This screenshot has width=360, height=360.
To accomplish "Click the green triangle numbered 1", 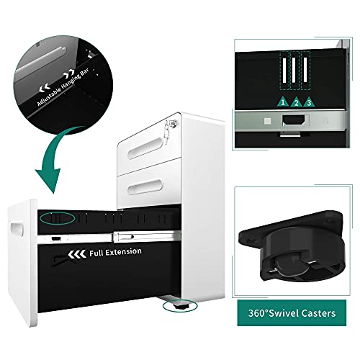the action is coord(283,102).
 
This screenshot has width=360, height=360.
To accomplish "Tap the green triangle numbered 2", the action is coord(296,102).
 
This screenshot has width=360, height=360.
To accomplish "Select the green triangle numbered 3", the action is coord(309,102).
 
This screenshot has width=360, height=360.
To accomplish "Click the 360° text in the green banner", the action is coord(258,313).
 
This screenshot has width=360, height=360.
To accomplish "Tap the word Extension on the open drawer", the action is coord(124,252).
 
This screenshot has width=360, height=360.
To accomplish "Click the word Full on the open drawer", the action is coord(96,253).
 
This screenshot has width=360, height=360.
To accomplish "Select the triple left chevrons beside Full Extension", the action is coord(77,254).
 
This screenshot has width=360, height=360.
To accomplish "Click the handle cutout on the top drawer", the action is coord(145,146).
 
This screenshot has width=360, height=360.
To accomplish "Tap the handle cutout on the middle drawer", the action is coord(145,187).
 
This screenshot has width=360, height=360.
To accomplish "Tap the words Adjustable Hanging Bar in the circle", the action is coord(63,87).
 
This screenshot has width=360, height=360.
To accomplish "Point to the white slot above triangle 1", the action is coord(284,70).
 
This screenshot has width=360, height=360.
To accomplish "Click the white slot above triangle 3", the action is coord(305,70).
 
